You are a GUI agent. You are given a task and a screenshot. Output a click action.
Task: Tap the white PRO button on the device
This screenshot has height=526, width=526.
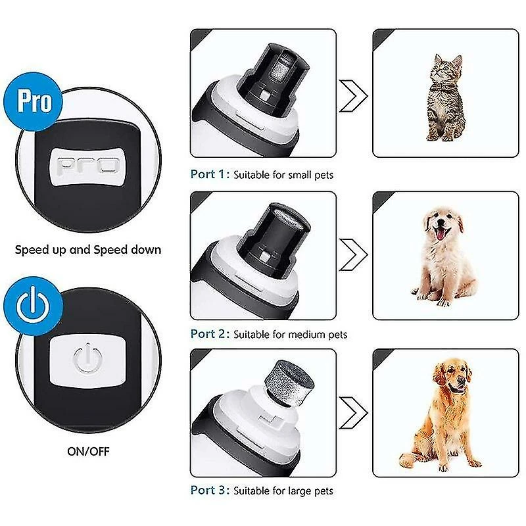[87, 166]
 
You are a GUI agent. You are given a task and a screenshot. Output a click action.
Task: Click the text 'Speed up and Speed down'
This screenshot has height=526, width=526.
[87, 250]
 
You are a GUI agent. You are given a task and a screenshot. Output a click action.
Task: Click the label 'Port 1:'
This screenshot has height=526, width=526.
[210, 175]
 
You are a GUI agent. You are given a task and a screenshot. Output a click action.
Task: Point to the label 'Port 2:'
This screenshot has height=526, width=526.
[210, 334]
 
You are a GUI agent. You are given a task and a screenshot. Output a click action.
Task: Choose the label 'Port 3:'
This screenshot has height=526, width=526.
[210, 490]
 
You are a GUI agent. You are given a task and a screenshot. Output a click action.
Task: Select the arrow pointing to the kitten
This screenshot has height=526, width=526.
[354, 95]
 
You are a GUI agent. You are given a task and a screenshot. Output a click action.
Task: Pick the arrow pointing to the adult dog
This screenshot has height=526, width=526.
[354, 413]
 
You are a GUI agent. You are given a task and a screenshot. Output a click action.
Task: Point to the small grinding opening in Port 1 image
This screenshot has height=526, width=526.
[281, 68]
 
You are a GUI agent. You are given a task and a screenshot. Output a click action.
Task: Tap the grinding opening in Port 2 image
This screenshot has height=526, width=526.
[283, 222]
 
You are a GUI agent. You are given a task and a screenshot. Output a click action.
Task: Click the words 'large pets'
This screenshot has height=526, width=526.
[310, 491]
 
